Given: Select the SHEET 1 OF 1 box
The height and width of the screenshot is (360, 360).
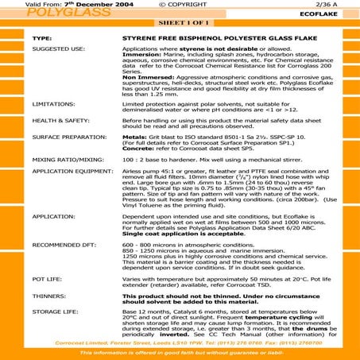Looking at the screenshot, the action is click(180, 24).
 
